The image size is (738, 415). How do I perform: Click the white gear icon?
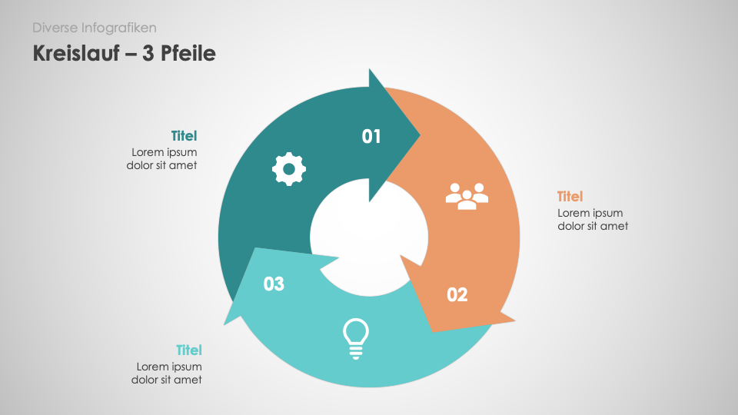[289, 169]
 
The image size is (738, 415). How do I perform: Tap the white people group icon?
[467, 196]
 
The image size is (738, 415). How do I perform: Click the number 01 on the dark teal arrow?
[371, 137]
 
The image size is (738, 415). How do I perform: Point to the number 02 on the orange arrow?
[457, 294]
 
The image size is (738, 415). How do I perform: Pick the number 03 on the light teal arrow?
[274, 284]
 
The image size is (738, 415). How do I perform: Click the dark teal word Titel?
[184, 136]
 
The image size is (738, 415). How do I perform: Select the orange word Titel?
[570, 197]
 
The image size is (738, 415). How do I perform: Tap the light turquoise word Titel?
[188, 350]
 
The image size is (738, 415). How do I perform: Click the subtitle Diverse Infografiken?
[95, 28]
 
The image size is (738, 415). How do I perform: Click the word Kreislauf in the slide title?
[75, 53]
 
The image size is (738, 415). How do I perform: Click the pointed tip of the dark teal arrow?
[419, 136]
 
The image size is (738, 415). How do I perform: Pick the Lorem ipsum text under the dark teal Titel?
[161, 158]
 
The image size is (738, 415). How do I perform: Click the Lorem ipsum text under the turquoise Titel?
[167, 373]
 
